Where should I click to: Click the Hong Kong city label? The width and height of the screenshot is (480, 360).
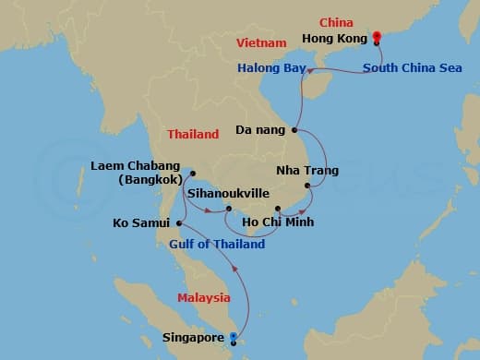tap(335, 39)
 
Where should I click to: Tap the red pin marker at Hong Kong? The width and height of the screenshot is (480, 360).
tap(377, 38)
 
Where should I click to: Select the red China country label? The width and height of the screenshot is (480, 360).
tap(336, 21)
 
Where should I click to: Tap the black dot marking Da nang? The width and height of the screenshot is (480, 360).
tap(294, 130)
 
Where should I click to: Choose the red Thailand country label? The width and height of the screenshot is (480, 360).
tap(193, 134)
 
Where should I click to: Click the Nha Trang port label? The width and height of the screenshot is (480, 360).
tap(307, 171)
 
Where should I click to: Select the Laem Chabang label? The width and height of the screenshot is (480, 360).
tap(135, 166)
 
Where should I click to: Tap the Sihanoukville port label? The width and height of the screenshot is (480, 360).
tap(228, 195)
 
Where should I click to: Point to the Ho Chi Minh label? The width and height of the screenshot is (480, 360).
tap(277, 222)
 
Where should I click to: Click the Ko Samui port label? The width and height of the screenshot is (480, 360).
tap(140, 222)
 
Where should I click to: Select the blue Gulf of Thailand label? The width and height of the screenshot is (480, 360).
tap(217, 244)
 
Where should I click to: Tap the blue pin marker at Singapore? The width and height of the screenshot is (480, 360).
tap(233, 337)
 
